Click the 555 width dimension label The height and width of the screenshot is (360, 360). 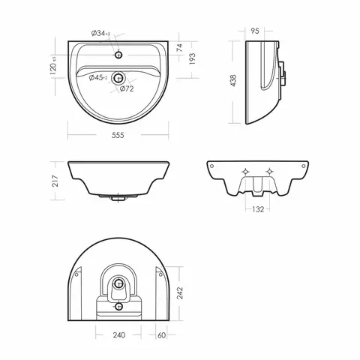point(118,135)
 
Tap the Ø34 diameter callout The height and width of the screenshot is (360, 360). point(100,33)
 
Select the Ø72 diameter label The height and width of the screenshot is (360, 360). point(127,88)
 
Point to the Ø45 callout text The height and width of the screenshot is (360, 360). point(98,78)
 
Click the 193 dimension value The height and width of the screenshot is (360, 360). point(192,59)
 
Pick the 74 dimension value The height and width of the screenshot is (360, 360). point(180,48)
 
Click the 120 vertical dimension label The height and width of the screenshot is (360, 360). point(53,66)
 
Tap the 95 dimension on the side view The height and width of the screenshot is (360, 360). point(255,31)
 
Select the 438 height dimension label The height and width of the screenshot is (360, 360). point(233,81)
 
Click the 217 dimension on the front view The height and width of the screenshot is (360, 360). point(55,181)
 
